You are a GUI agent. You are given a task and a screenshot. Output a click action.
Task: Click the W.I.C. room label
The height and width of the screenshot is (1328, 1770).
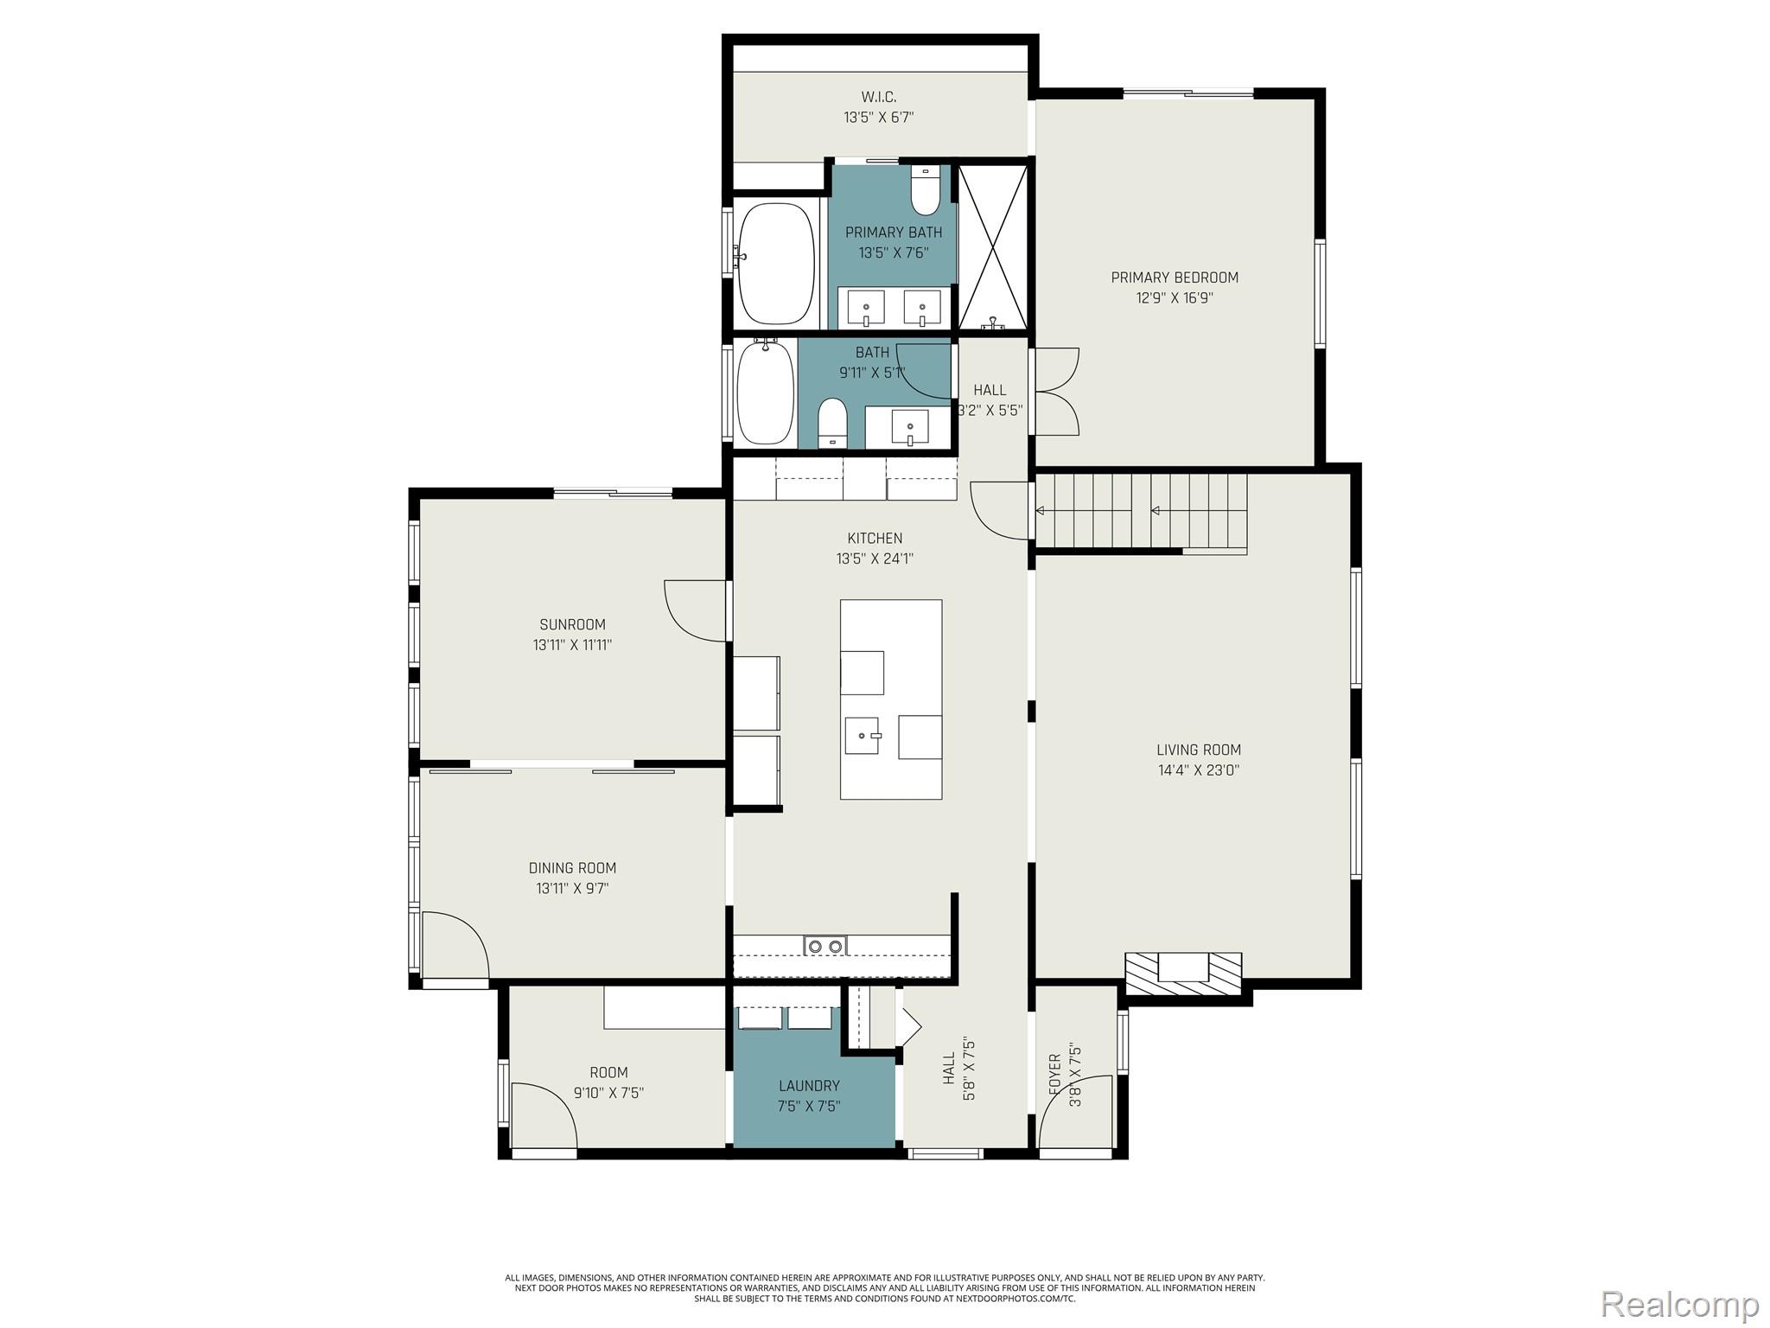tap(878, 97)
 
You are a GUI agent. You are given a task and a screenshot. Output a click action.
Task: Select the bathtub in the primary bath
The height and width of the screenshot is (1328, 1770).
tap(776, 262)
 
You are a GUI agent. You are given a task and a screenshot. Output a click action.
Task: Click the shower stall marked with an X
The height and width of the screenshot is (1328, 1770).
tap(994, 246)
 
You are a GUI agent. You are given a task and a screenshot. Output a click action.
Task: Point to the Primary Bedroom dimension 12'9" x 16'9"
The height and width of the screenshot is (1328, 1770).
tap(1175, 298)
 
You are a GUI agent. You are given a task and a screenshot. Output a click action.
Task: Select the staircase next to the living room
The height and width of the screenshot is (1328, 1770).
tap(1141, 512)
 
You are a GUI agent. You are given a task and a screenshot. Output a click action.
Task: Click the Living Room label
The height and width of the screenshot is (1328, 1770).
tap(1198, 750)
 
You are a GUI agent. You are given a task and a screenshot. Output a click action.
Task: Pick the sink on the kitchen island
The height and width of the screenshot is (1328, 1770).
tap(863, 736)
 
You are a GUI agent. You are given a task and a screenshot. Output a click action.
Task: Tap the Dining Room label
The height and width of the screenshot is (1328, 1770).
tap(572, 868)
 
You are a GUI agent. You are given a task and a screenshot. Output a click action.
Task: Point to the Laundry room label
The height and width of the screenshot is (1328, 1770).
tap(809, 1086)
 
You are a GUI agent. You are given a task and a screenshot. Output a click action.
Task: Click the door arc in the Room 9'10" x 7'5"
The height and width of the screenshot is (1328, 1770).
tap(544, 1115)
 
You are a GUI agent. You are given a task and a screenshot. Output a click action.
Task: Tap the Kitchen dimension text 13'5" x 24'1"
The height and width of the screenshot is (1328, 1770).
tap(875, 559)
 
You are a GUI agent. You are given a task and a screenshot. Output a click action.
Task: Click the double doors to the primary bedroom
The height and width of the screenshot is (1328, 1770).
tap(1056, 391)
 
